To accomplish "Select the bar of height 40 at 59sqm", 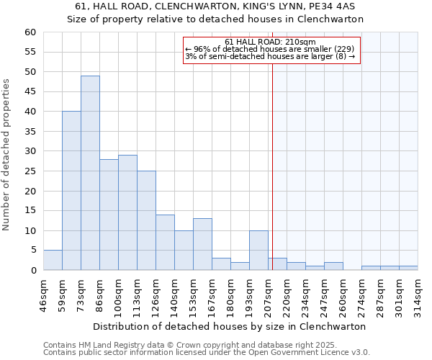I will pyautogui.click(x=71, y=191).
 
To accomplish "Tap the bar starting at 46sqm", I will pyautogui.click(x=53, y=260).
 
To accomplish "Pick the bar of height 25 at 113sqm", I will pyautogui.click(x=146, y=220).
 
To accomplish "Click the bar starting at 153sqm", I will pyautogui.click(x=202, y=244).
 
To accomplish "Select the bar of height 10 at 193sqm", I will pyautogui.click(x=258, y=250).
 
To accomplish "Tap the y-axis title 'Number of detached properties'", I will pyautogui.click(x=7, y=155).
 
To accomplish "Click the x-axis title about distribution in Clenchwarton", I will pyautogui.click(x=230, y=326).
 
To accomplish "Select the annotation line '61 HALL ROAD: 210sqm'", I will pyautogui.click(x=270, y=42).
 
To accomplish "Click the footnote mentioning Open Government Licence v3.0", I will pyautogui.click(x=207, y=353).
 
